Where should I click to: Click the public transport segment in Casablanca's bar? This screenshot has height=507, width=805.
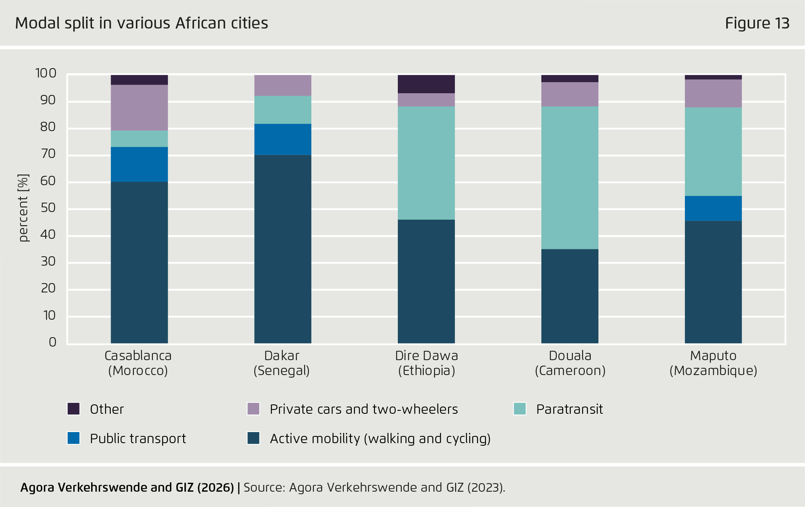(x=139, y=164)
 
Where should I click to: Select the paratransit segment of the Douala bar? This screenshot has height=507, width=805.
(x=569, y=178)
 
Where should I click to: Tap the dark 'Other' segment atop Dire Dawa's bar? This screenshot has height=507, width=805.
(x=426, y=84)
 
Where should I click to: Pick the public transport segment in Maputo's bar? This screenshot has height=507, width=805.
(x=713, y=208)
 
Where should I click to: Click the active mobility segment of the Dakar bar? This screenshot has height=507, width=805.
(x=282, y=249)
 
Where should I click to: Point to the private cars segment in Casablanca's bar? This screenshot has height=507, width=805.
(x=139, y=108)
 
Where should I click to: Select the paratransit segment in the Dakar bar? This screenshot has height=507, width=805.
(x=282, y=110)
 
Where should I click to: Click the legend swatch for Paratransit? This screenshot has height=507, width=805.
(x=520, y=409)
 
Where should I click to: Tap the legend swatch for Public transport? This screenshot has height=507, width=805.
(x=74, y=438)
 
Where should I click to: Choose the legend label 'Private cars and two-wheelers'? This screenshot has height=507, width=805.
(x=363, y=409)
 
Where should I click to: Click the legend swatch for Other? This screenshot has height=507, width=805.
(x=74, y=409)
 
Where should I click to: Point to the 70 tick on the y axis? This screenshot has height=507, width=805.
(x=48, y=154)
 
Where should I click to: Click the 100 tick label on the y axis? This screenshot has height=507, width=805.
(x=46, y=73)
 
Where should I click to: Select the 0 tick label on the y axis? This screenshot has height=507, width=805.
(x=52, y=342)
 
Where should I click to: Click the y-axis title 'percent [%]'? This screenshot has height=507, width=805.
(x=23, y=208)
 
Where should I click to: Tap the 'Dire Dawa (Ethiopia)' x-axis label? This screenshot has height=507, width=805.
(x=426, y=363)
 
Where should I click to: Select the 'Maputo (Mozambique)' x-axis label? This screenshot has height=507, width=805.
(x=713, y=363)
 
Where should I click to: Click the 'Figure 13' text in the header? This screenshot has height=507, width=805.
(x=757, y=23)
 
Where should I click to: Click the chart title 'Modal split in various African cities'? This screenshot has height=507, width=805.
(x=141, y=23)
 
